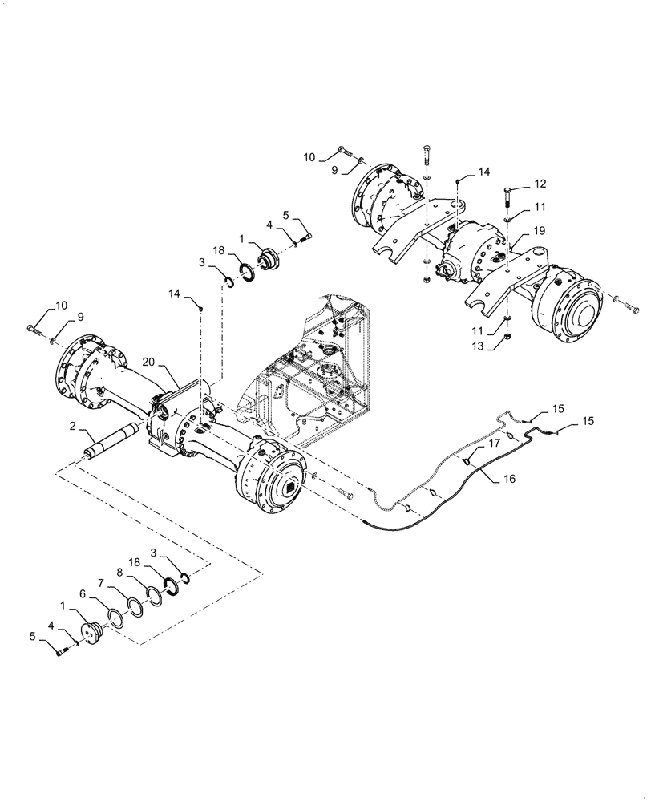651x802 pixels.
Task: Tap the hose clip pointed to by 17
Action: tap(468, 460)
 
